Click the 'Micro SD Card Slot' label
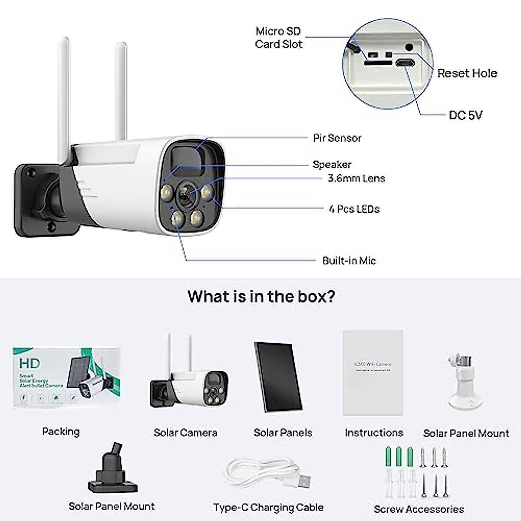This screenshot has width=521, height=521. coord(278,38)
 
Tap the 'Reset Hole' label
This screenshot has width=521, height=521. coord(467,73)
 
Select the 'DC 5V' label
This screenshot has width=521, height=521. coord(465,115)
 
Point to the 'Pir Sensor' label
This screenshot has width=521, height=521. coord(337,138)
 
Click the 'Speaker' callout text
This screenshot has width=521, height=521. coord(332,165)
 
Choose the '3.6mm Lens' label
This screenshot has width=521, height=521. coord(356,178)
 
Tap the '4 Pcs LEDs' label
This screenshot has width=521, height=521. coord(354,209)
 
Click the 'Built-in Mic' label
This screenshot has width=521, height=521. coord(349,260)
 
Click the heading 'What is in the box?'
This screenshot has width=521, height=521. coord(261,297)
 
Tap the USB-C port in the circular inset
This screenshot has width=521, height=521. coord(405,63)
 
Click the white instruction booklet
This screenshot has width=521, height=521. coord(373,373)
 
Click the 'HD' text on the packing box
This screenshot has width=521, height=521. coord(30,363)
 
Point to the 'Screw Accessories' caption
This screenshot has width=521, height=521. coord(419,509)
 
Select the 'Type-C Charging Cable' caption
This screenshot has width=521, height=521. coord(268,507)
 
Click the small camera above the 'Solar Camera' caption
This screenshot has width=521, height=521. coord(189,383)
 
